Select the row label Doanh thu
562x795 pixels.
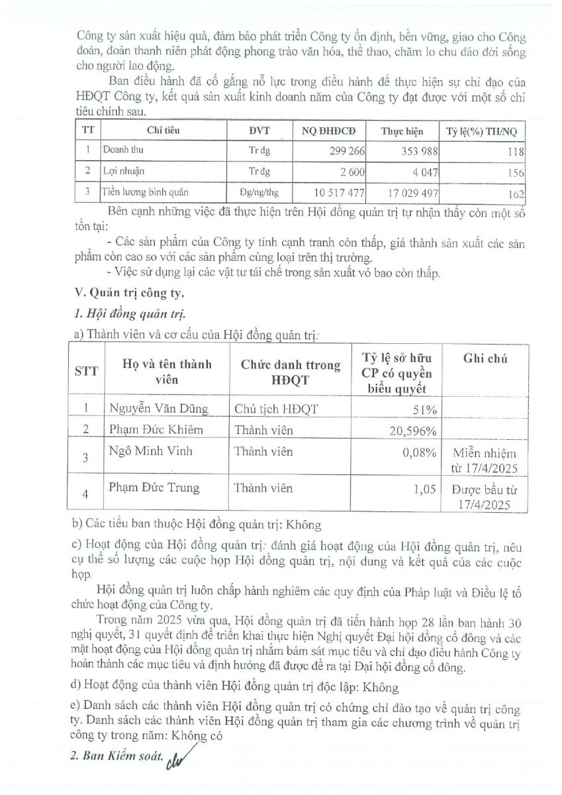pos(122,150)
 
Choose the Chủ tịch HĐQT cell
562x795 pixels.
pos(277,409)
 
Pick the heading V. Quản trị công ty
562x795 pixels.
pos(127,292)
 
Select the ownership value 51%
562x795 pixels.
pos(426,409)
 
